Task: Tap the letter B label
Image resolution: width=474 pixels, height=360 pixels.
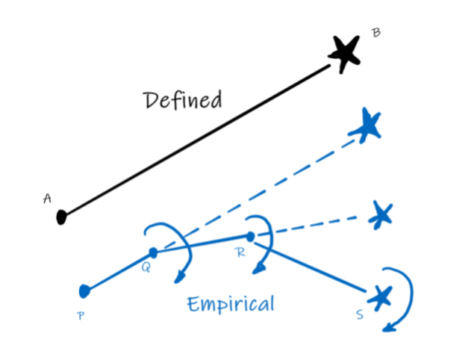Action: tap(376, 33)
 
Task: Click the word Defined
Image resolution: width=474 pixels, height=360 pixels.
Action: tap(184, 100)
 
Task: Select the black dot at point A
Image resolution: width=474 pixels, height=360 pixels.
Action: tap(62, 217)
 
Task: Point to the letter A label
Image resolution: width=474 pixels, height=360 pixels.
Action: tap(47, 198)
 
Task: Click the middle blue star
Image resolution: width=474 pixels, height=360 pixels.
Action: tap(381, 215)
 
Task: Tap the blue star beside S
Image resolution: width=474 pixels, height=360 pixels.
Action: tap(381, 297)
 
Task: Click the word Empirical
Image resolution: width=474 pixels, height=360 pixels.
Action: tap(231, 304)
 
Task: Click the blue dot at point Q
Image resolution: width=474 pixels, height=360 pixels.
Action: tap(153, 252)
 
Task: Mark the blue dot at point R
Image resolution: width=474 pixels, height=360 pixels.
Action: tap(251, 236)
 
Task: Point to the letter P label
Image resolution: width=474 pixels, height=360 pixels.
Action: tap(81, 315)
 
